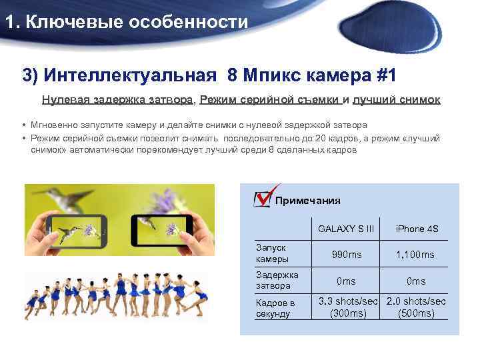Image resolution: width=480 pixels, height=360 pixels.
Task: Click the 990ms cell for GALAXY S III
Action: click(x=346, y=255)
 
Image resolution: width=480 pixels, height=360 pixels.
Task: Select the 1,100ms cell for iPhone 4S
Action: click(x=415, y=255)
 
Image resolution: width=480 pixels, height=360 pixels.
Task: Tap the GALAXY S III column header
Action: click(x=346, y=229)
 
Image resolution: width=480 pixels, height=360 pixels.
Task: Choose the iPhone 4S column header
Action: click(x=417, y=229)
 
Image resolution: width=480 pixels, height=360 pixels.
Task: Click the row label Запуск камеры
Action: click(x=273, y=253)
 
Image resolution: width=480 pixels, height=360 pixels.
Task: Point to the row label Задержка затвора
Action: click(x=277, y=280)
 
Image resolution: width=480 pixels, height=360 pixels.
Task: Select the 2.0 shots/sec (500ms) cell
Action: click(x=417, y=307)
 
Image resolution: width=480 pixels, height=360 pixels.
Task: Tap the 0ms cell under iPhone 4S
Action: click(x=417, y=281)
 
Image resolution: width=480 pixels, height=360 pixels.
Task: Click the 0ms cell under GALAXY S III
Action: click(x=346, y=281)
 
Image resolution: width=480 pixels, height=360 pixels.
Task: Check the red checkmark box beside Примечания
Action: click(x=263, y=198)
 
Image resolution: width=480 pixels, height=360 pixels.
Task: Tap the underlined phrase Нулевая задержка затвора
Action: click(x=117, y=100)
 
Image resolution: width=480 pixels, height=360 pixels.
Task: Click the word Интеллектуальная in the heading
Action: click(x=131, y=75)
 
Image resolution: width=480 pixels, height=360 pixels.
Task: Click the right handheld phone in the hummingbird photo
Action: click(x=163, y=229)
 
